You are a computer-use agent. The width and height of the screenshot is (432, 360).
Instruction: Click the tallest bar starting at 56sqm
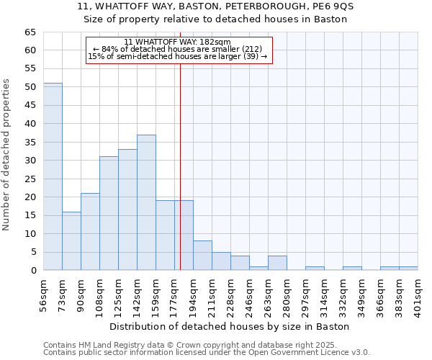point(53,176)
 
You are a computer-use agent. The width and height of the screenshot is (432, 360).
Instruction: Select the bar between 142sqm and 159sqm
point(146,202)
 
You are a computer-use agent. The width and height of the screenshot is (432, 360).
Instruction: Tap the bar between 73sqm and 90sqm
point(71,240)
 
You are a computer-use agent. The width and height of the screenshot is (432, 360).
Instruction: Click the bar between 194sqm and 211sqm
point(202,255)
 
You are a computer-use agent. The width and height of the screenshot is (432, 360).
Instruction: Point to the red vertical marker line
point(180,166)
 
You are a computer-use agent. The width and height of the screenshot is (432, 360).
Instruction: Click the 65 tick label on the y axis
point(30,32)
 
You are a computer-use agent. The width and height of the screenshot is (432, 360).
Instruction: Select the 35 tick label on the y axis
point(30,142)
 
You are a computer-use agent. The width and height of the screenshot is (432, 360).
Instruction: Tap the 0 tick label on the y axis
point(32,270)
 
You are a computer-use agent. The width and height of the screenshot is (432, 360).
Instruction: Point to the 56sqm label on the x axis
point(43,294)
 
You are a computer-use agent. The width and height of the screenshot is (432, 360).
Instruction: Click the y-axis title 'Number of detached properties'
point(7,155)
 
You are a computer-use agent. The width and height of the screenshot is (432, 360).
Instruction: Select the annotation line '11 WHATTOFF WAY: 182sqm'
point(177,42)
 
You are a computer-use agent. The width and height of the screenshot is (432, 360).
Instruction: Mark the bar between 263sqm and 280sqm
point(277,263)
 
